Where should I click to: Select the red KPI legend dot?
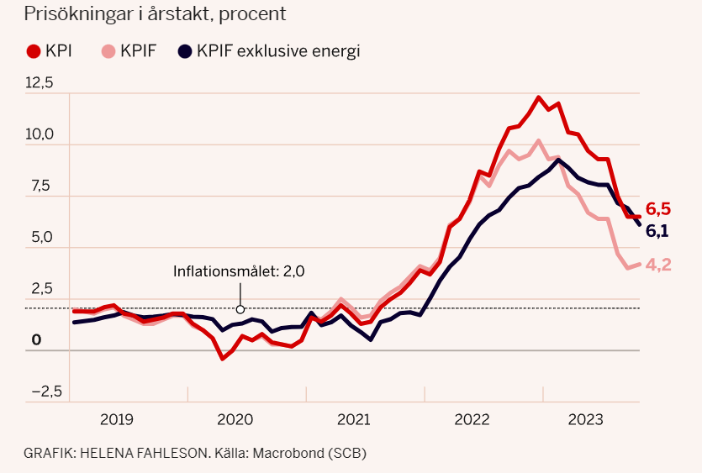pos(34,51)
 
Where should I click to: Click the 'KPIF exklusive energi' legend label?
pos(278,51)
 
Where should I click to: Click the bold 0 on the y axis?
pos(36,340)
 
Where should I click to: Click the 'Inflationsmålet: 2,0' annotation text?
pos(239,272)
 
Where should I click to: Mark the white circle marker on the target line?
pos(240,309)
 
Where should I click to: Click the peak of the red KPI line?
pos(539,97)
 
